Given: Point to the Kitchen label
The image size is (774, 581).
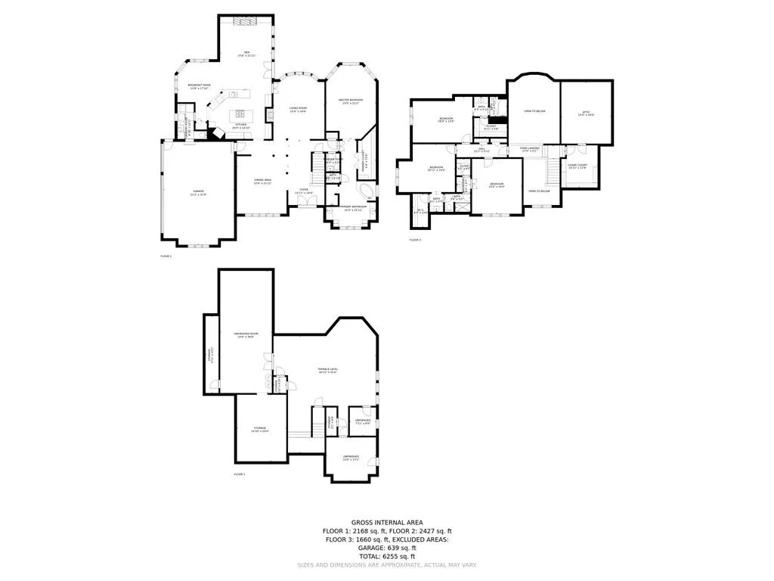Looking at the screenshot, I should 240,126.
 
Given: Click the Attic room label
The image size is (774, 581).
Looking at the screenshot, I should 586,113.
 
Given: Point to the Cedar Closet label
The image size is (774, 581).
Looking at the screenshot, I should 577,166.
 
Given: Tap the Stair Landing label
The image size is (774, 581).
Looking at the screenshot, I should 528,149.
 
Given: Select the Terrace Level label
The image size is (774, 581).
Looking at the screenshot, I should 328,371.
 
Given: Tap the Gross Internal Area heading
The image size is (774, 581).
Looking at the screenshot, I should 387,523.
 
